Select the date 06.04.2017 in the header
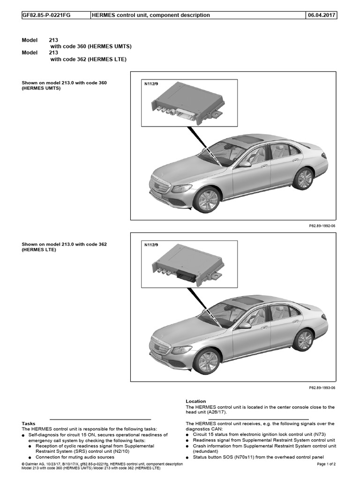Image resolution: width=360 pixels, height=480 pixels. [321, 15]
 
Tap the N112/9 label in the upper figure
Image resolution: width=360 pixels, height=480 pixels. [151, 83]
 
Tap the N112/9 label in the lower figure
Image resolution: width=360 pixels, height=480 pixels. [151, 244]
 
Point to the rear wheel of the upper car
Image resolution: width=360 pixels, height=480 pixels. [303, 178]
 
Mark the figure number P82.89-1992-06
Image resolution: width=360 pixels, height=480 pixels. [322, 226]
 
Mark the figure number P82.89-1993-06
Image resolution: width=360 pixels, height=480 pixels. [322, 388]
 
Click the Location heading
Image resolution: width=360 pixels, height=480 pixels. [195, 401]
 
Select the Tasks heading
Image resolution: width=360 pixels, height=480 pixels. [29, 423]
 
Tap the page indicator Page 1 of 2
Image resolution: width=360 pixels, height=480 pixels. [327, 464]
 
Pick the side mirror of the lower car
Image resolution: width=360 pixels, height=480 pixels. [245, 325]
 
